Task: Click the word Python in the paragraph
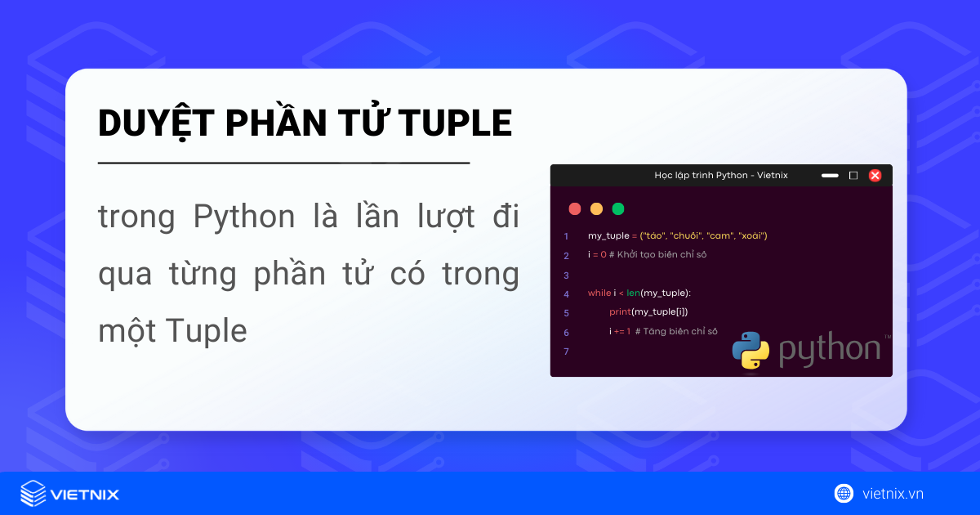pos(244,217)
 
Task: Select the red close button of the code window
pos(875,175)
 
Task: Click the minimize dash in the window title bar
pos(830,175)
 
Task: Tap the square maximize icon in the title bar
pos(853,175)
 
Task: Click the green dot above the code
pos(618,208)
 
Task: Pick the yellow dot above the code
pos(596,208)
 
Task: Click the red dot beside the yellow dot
pos(575,208)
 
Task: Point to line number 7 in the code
pos(566,351)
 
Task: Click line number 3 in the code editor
pos(566,275)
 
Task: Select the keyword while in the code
pos(599,293)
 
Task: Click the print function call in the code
pos(619,312)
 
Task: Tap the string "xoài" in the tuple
pos(751,235)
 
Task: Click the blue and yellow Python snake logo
pos(751,349)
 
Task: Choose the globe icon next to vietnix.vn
pos(844,493)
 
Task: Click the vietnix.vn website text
pos(893,493)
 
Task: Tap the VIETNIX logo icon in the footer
pos(33,493)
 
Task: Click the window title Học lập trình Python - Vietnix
pos(720,175)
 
